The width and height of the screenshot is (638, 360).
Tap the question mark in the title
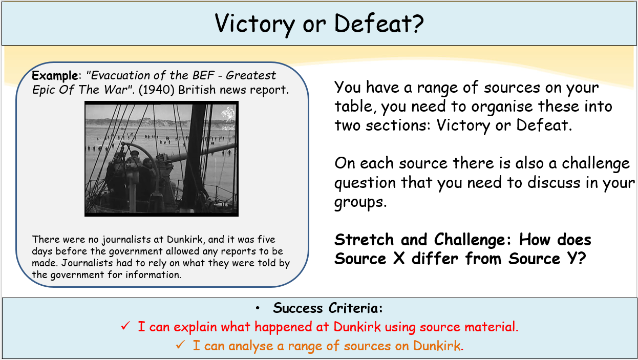[416, 24]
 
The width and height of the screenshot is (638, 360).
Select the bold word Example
[55, 76]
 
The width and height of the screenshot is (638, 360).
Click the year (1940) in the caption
[156, 90]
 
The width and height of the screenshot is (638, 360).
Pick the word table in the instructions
[353, 107]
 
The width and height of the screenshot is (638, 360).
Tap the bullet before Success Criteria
[258, 308]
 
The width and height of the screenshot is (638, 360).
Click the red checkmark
[125, 326]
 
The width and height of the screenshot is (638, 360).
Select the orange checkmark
[181, 345]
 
